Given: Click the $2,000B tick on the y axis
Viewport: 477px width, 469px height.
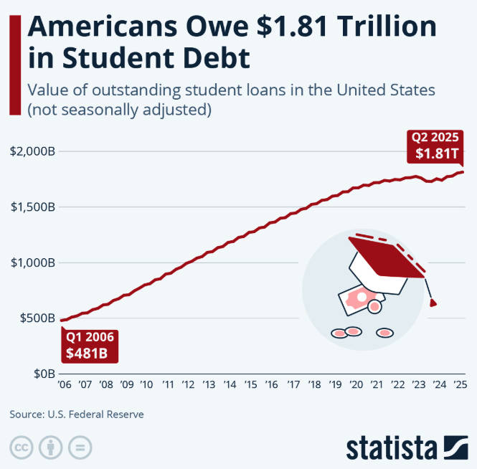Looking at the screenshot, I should point(33,151).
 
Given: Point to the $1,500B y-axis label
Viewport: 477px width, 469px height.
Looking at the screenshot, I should point(33,207).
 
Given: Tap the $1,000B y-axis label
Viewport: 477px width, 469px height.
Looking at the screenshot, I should point(33,262).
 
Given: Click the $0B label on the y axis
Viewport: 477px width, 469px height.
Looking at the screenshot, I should point(43,374).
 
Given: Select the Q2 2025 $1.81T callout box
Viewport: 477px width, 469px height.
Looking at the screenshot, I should point(435,146).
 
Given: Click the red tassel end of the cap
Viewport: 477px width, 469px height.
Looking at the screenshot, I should point(433,303).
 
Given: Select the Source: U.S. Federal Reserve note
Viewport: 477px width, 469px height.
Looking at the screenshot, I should point(77,414).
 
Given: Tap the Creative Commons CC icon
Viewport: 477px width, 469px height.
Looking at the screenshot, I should point(22,447).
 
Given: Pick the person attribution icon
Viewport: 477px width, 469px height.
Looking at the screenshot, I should point(51,447).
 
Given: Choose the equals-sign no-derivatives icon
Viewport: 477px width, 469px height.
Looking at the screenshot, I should point(80,447).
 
